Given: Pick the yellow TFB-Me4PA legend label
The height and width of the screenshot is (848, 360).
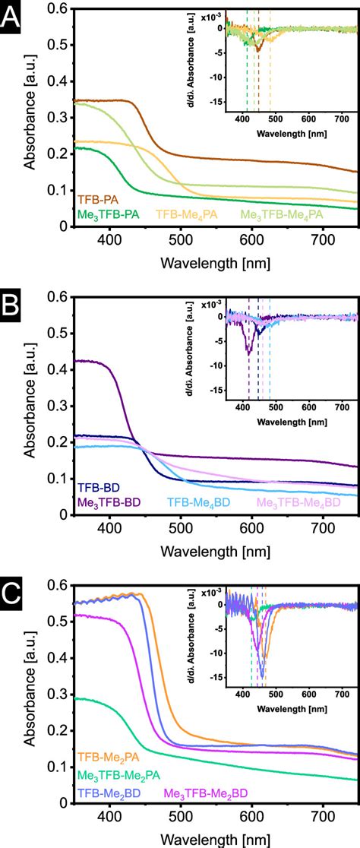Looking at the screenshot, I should coord(187,215).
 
